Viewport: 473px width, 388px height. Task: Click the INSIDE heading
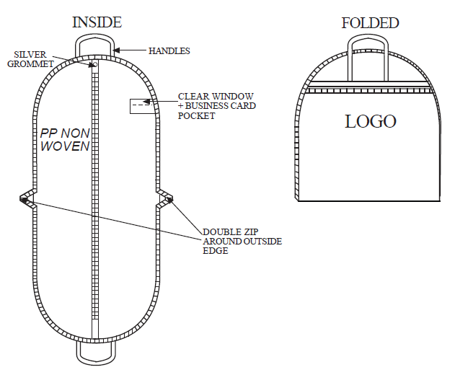point(97,22)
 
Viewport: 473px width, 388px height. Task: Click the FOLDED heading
point(370,23)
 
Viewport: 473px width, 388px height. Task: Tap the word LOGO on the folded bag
point(371,121)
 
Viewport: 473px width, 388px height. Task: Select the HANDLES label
point(169,50)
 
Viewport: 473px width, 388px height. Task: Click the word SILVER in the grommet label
point(30,54)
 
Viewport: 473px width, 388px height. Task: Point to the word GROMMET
point(30,64)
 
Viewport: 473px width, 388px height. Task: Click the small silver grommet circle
point(94,64)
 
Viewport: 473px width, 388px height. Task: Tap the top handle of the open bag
point(95,36)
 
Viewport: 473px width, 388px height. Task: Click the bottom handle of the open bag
point(96,363)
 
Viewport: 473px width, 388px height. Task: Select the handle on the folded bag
point(368,37)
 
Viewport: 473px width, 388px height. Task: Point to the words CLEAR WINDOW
point(216,96)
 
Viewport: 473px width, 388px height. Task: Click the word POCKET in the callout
point(196,115)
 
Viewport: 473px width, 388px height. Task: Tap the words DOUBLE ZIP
point(231,232)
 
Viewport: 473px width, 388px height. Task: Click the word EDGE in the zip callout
point(216,251)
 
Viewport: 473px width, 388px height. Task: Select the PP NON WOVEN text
point(65,140)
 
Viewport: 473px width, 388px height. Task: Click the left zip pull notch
point(28,198)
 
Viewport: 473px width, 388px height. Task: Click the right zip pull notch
point(164,198)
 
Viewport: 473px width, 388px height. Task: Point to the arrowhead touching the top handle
point(117,50)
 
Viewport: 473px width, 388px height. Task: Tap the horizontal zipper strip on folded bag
point(368,90)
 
